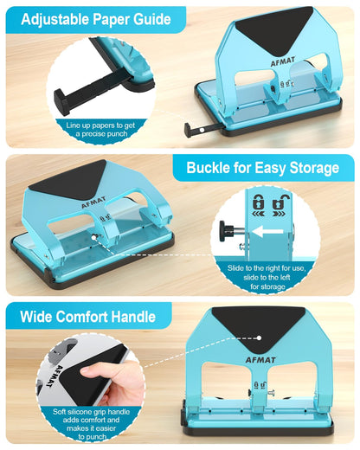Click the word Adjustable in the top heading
[55, 20]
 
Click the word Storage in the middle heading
[314, 168]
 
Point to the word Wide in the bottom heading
[35, 317]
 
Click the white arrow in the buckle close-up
[267, 231]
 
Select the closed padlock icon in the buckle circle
[259, 202]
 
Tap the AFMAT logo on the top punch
[283, 61]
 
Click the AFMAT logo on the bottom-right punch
[260, 360]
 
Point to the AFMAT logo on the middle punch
[93, 202]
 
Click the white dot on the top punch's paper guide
[202, 130]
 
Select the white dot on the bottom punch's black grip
[259, 337]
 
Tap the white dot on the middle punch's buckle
[93, 237]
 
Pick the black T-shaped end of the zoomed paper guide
[61, 102]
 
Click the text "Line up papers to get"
[100, 125]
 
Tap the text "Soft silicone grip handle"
[91, 412]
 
